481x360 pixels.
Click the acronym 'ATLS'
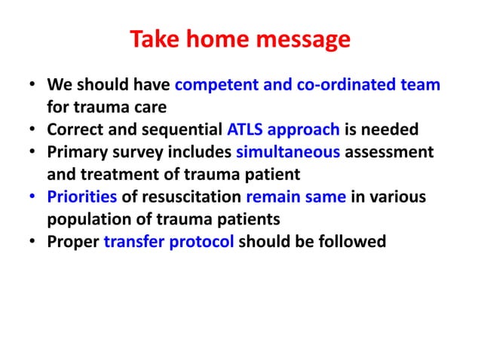coord(246,128)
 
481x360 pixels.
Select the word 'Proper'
coord(73,242)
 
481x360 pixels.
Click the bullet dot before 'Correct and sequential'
coord(32,129)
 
